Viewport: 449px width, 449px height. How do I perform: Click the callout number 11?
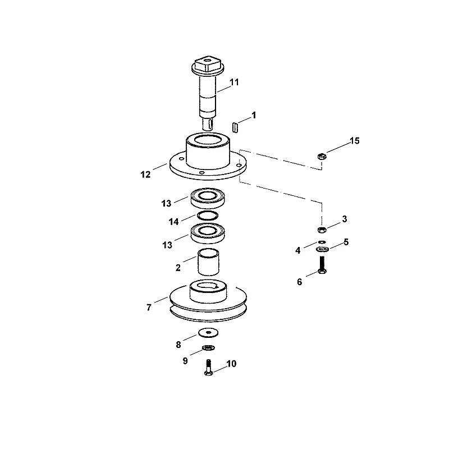tap(234, 83)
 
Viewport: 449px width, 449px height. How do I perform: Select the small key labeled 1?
tap(235, 127)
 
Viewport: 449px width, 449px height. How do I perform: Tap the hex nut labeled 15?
tap(322, 157)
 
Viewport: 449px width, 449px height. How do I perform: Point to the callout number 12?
tap(145, 175)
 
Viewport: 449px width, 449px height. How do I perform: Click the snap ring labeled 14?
tap(208, 216)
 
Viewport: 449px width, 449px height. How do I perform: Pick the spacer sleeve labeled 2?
tap(208, 262)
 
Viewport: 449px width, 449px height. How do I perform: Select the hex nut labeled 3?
tap(322, 230)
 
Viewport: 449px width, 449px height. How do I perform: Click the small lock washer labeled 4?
tap(322, 242)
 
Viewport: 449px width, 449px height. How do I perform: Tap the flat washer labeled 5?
tap(322, 249)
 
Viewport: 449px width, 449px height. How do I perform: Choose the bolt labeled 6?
tap(322, 265)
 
